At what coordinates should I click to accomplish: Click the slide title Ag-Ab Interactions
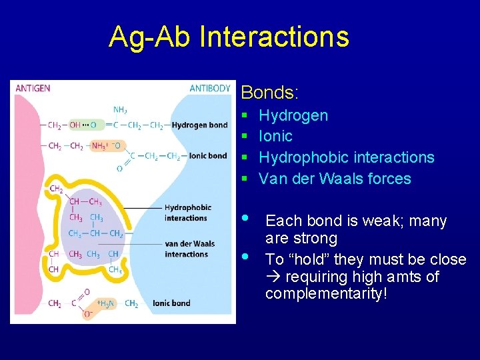click(229, 37)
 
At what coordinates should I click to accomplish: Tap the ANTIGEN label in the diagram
click(33, 89)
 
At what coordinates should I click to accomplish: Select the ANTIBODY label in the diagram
click(210, 89)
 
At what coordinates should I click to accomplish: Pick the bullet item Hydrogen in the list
click(293, 116)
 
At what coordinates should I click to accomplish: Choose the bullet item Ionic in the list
click(275, 137)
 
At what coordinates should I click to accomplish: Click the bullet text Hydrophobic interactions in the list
click(346, 158)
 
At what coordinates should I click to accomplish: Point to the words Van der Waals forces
click(335, 179)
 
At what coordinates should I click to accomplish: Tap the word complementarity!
click(326, 293)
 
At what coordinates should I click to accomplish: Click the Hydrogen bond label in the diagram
click(199, 125)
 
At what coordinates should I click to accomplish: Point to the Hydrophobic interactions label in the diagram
click(187, 213)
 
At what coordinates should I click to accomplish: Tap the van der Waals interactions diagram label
click(189, 249)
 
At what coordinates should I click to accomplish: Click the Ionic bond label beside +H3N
click(171, 303)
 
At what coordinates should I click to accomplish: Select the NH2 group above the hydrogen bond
click(121, 110)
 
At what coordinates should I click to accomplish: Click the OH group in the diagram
click(75, 125)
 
